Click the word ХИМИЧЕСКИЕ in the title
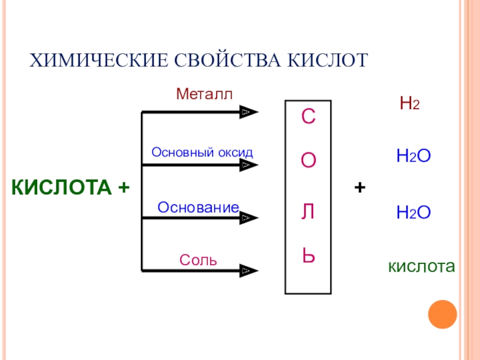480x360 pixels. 98,61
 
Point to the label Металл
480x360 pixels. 203,94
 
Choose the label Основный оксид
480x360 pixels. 202,152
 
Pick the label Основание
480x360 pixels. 199,207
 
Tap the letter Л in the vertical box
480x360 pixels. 308,210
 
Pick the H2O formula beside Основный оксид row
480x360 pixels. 414,157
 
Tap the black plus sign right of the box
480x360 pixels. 360,188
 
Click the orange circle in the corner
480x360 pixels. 443,315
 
